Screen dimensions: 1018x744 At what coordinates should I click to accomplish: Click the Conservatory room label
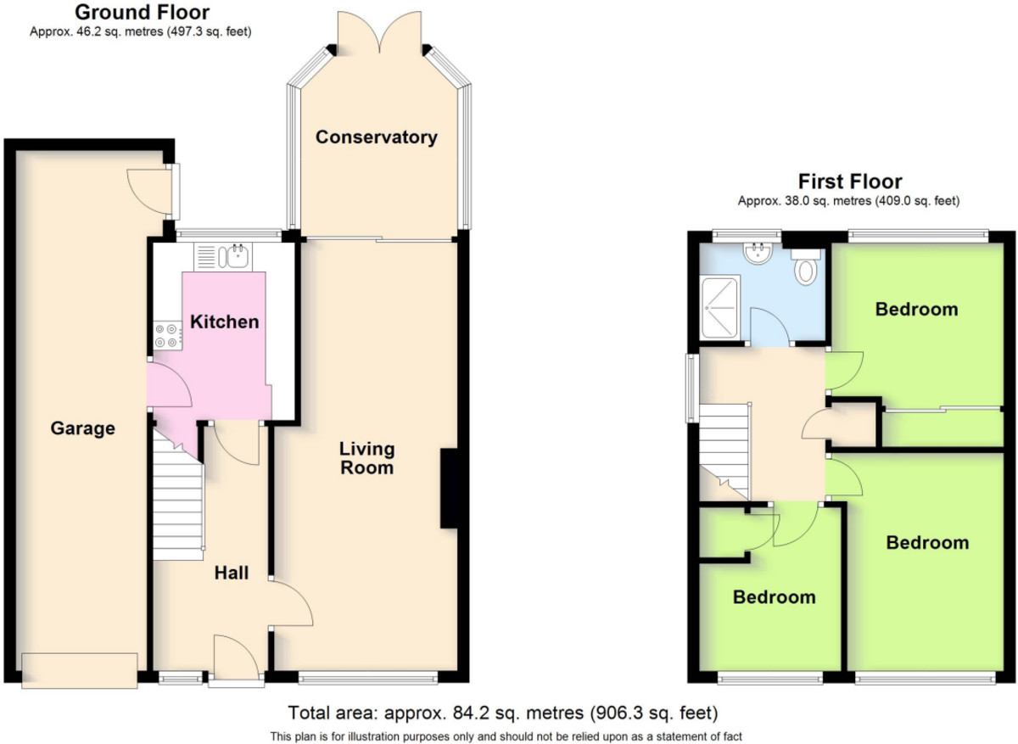pyautogui.click(x=377, y=137)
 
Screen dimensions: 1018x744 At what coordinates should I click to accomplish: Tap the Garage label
pyautogui.click(x=83, y=428)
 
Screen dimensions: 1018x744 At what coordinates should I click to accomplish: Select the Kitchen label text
pyautogui.click(x=225, y=322)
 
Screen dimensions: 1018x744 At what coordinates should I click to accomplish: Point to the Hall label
pyautogui.click(x=232, y=573)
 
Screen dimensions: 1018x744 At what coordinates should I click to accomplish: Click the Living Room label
pyautogui.click(x=367, y=458)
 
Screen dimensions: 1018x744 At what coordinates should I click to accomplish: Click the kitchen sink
pyautogui.click(x=223, y=257)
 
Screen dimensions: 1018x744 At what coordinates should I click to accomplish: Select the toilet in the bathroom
pyautogui.click(x=806, y=266)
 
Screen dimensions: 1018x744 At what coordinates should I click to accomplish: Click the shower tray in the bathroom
pyautogui.click(x=720, y=308)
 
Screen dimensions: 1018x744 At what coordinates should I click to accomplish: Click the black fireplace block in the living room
pyautogui.click(x=449, y=489)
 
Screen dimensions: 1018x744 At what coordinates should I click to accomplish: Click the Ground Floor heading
pyautogui.click(x=143, y=12)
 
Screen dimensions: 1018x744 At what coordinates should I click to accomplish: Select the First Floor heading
pyautogui.click(x=850, y=182)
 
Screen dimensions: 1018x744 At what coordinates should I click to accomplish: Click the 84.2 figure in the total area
pyautogui.click(x=470, y=713)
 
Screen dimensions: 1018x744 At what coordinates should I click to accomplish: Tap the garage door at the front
pyautogui.click(x=80, y=671)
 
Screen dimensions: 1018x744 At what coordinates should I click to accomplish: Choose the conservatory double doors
pyautogui.click(x=379, y=34)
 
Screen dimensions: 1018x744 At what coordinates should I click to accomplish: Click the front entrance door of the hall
pyautogui.click(x=237, y=659)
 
